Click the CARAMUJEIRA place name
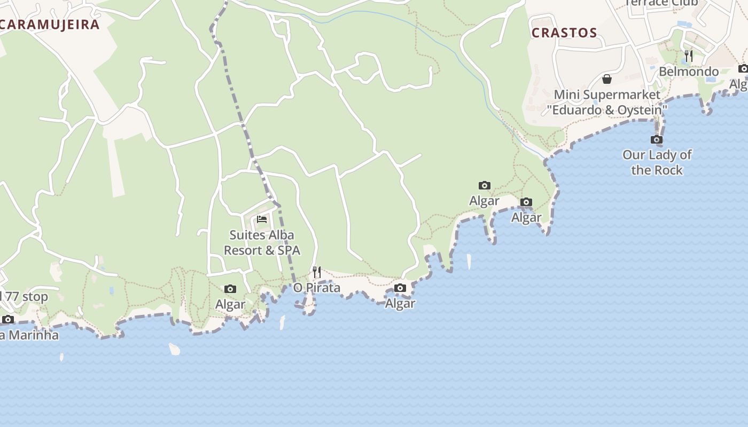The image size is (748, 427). [x=50, y=24]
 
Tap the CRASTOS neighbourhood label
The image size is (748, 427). [x=564, y=33]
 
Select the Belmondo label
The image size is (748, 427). [x=688, y=72]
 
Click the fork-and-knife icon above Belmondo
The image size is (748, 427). [x=689, y=56]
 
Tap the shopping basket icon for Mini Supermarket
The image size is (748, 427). [x=607, y=80]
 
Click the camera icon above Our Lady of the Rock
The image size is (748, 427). [x=657, y=140]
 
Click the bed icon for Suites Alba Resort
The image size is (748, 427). [x=262, y=219]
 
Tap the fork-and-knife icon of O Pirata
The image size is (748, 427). [x=317, y=272]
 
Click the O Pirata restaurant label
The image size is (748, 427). [x=317, y=288]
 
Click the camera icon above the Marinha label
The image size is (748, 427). [x=8, y=320]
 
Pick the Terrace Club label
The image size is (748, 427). [x=661, y=3]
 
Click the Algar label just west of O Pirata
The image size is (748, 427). [x=230, y=304]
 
